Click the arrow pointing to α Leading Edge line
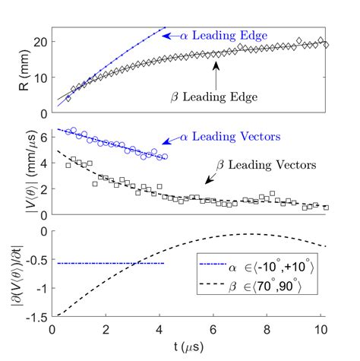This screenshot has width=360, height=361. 175,35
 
